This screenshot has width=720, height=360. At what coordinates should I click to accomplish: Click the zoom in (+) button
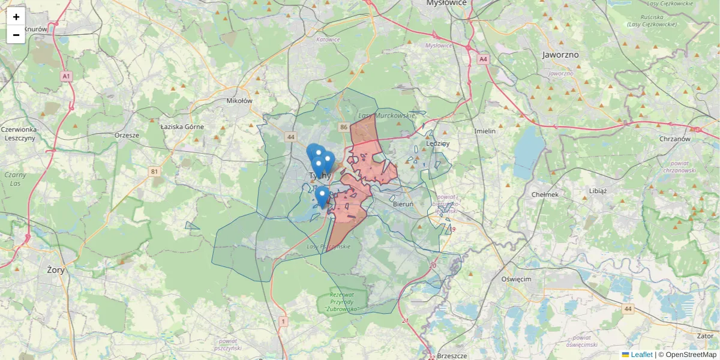tap(16, 17)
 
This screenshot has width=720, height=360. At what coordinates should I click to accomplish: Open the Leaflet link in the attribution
tap(641, 355)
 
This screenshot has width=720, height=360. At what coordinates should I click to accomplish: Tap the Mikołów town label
tap(239, 101)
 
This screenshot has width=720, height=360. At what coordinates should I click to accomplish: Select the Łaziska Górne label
tap(182, 127)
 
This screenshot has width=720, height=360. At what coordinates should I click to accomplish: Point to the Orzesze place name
tap(127, 135)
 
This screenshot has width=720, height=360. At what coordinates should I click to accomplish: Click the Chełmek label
tap(545, 194)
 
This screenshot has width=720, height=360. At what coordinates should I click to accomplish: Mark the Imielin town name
tap(485, 131)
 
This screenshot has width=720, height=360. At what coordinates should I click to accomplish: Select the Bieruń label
tap(403, 204)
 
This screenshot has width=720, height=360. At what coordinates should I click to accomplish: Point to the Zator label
tap(704, 337)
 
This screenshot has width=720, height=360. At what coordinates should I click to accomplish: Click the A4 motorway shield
tap(484, 59)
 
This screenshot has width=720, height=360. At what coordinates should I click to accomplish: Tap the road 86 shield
tap(344, 127)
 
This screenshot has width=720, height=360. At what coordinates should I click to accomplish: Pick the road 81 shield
tap(155, 172)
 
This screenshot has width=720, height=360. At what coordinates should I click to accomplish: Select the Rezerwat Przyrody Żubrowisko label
tap(342, 302)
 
